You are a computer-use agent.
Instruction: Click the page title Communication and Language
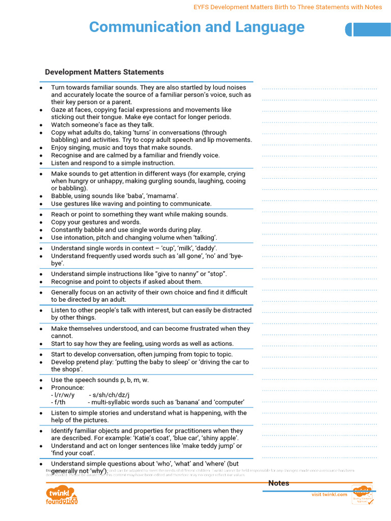point(197,27)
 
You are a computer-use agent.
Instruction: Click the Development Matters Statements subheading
point(104,72)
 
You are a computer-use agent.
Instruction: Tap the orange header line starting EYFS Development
point(288,7)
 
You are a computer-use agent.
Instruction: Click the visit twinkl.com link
point(329,495)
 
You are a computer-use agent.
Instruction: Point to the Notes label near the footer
point(278,483)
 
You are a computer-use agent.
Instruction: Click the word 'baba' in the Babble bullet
point(137,196)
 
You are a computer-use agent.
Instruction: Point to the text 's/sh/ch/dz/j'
point(109,395)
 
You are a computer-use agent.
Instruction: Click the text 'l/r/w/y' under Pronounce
point(63,395)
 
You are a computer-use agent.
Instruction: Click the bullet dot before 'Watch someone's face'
point(41,125)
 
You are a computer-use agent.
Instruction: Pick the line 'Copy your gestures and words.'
point(96,222)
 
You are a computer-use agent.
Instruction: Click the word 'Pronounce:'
point(68,388)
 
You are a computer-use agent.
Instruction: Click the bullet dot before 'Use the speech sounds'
point(41,381)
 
